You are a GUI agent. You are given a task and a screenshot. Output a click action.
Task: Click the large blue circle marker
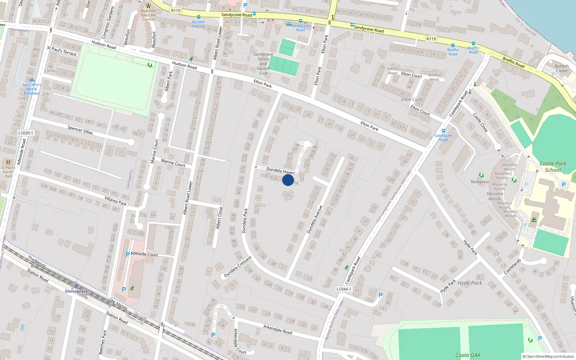point(288,180)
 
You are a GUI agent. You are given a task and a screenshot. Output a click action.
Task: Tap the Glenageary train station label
point(76,291)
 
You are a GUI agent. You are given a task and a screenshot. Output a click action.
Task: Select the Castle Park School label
point(553,167)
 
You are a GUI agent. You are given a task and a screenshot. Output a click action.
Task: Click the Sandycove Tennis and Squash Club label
point(263,64)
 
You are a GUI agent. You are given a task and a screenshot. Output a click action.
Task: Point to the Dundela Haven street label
point(280,171)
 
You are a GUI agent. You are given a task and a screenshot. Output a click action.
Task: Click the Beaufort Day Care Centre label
point(148,15)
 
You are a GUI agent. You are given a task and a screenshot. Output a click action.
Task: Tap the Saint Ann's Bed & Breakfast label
point(32,89)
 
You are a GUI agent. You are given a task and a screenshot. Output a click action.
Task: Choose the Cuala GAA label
point(468,355)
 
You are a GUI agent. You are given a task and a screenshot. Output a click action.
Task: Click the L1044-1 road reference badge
point(343,289)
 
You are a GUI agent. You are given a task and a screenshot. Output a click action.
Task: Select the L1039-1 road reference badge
point(25,133)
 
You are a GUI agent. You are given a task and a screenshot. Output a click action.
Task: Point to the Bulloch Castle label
point(562,68)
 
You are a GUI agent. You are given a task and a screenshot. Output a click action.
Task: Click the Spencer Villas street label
point(80,130)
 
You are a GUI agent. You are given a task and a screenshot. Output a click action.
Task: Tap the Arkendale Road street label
point(277,329)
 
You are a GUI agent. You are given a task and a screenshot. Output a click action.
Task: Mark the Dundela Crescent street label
point(238,267)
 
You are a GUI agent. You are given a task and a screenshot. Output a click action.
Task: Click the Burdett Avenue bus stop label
point(198,24)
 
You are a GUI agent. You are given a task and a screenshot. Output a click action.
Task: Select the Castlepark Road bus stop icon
point(443,131)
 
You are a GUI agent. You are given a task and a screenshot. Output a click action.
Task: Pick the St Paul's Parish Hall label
point(8,172)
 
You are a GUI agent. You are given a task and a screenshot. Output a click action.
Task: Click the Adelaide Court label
point(144,254)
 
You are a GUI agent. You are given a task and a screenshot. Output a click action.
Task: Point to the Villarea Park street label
point(116,201)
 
